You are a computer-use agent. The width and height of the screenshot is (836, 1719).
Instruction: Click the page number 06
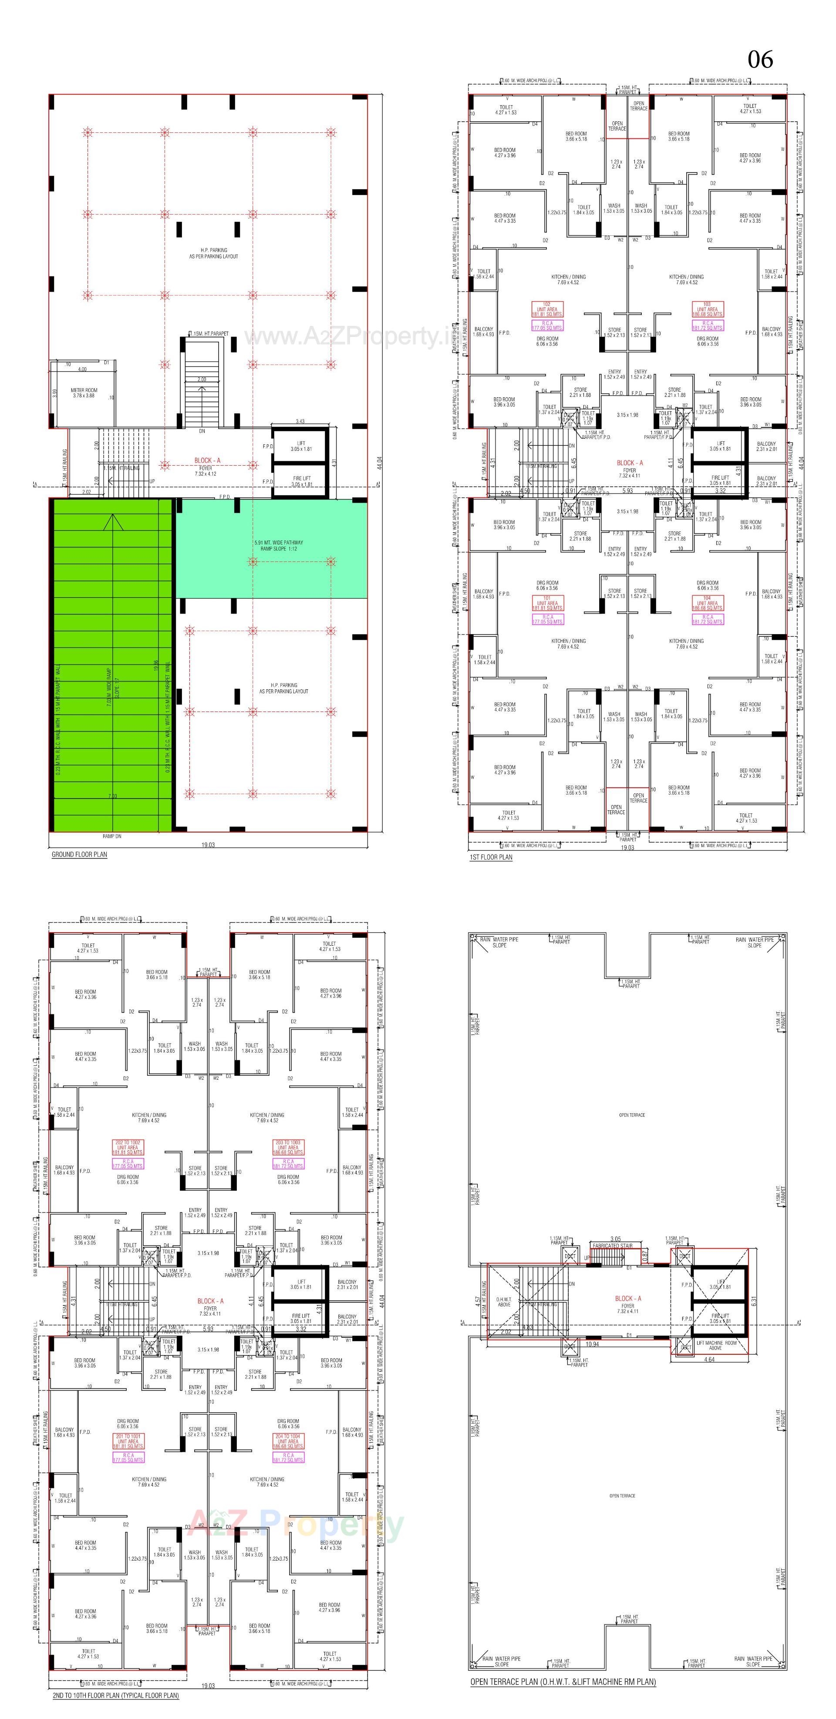click(760, 60)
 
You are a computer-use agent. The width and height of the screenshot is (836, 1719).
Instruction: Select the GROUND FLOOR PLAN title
click(79, 854)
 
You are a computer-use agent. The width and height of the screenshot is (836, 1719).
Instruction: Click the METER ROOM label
click(84, 393)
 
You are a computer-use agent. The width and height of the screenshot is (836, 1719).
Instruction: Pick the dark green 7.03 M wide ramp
click(112, 667)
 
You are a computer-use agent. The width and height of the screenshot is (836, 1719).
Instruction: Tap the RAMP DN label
click(112, 836)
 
